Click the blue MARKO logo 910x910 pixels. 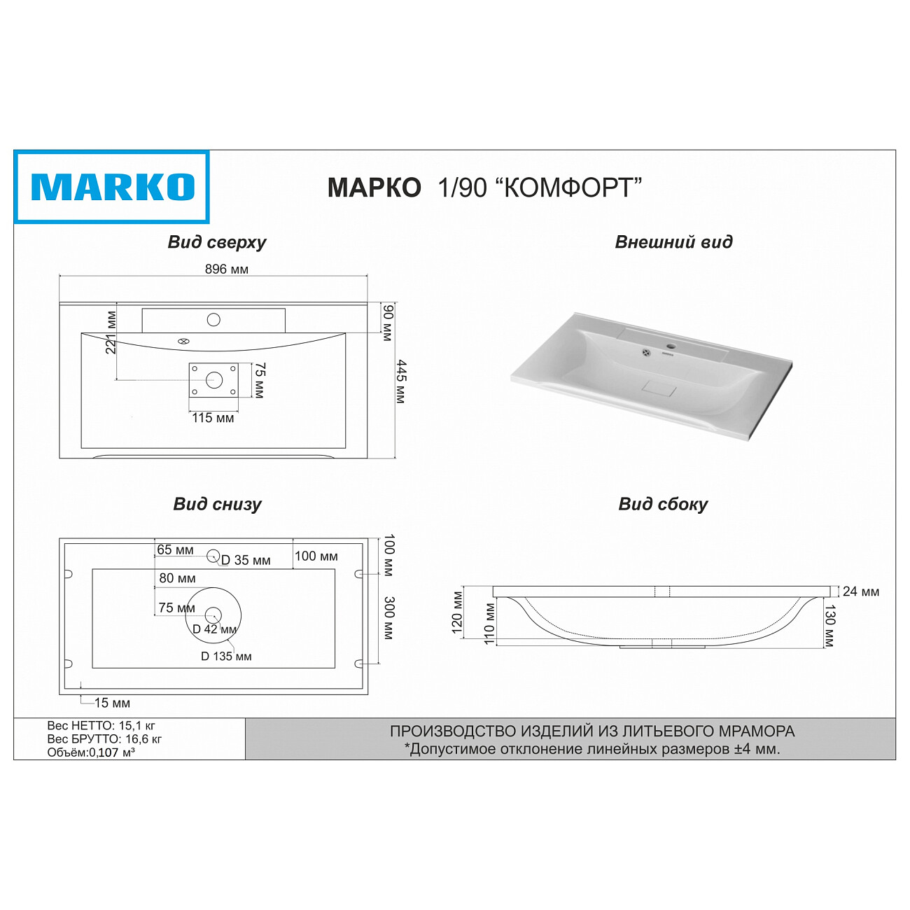click(112, 187)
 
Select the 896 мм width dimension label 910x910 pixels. click(226, 269)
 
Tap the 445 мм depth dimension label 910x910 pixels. click(401, 381)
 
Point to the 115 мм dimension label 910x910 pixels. click(213, 418)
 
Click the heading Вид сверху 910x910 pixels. click(216, 242)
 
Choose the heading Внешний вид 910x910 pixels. click(673, 242)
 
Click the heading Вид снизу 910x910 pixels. click(217, 504)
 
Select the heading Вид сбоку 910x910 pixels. click(663, 504)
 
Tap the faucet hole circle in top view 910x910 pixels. click(213, 320)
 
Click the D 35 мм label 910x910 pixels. click(246, 561)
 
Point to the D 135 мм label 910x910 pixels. click(226, 657)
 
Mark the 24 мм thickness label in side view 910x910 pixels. click(860, 592)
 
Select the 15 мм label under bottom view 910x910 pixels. click(112, 703)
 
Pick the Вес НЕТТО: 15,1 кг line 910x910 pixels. click(101, 726)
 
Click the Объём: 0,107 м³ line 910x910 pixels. click(91, 752)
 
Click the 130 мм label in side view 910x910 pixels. click(830, 626)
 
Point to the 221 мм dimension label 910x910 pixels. click(111, 332)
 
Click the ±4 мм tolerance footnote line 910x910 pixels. click(592, 749)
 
